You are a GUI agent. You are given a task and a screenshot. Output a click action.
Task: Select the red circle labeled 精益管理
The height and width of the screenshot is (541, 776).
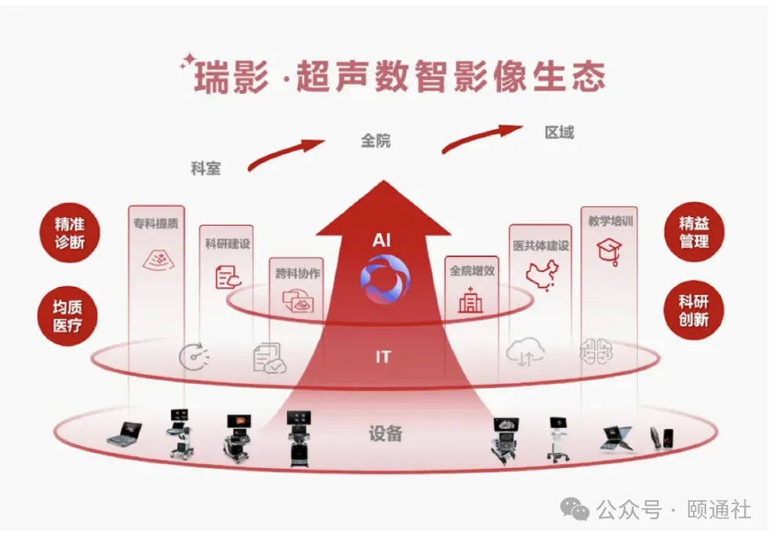click(693, 233)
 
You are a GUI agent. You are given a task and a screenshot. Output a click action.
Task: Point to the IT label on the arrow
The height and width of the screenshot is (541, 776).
click(383, 358)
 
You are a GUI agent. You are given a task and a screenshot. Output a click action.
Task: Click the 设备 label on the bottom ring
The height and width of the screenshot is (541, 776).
click(385, 433)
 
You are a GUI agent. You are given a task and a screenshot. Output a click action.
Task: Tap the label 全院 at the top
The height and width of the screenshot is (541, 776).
click(375, 141)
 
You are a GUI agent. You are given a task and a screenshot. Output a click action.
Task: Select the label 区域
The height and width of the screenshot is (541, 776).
click(559, 133)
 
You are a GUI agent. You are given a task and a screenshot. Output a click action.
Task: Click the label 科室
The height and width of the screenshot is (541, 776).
click(205, 168)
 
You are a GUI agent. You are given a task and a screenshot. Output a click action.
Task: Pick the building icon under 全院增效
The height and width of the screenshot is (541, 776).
click(471, 300)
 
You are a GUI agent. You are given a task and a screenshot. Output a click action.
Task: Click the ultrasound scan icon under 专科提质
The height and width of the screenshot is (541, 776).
click(156, 260)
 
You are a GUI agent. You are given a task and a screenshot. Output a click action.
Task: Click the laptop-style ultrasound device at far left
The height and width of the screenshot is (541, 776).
click(125, 433)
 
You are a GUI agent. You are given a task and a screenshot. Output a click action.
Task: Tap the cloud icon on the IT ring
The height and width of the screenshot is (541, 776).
click(524, 354)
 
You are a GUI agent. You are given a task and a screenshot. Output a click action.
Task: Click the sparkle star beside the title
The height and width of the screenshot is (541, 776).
click(187, 62)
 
